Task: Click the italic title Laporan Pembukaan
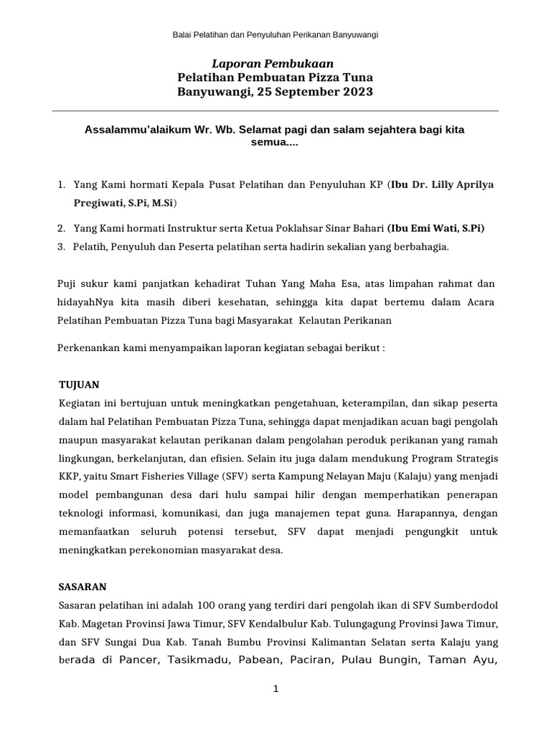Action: [x=275, y=63]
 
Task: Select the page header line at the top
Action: [x=275, y=34]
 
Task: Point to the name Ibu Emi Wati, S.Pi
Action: [x=436, y=228]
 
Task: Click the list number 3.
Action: [x=61, y=246]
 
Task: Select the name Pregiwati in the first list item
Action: [x=96, y=203]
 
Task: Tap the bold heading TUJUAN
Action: [x=78, y=384]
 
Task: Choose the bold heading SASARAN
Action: [x=82, y=586]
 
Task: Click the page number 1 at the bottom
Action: [x=275, y=688]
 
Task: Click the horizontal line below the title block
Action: [x=275, y=111]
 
